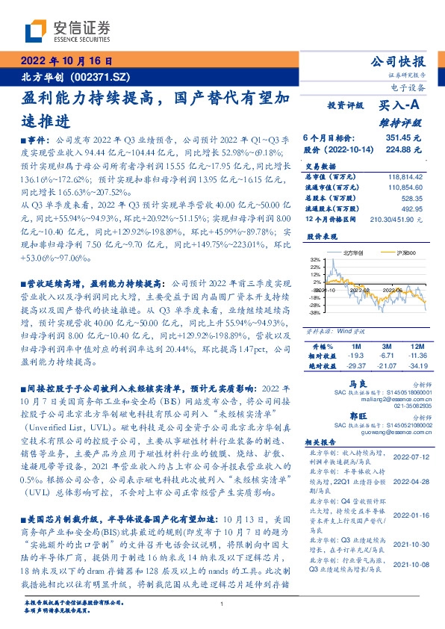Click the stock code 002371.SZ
tap(100, 76)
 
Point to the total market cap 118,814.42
tap(405, 177)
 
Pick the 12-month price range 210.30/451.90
tap(401, 220)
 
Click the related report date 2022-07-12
tap(410, 456)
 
